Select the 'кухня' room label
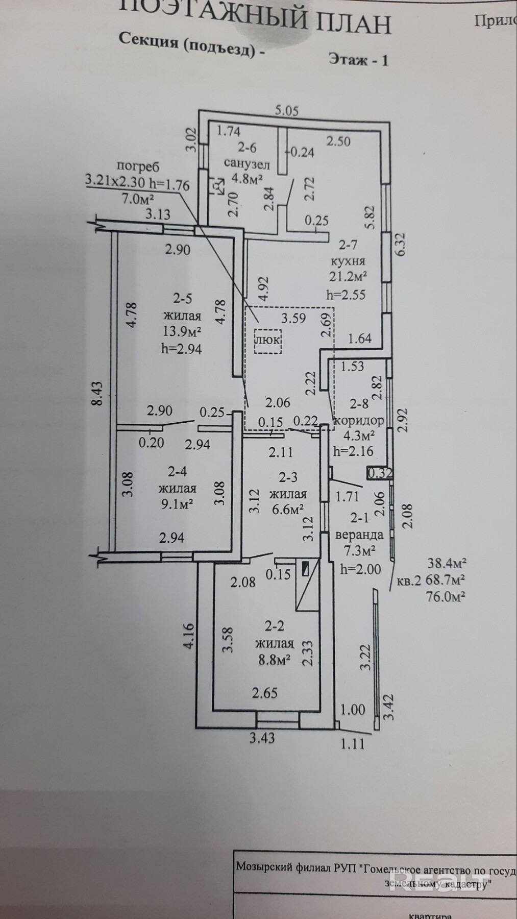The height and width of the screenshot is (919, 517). (348, 261)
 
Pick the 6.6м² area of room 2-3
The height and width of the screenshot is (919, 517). (287, 509)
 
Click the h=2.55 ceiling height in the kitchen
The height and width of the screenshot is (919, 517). (346, 295)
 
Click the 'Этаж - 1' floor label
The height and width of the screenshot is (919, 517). (358, 60)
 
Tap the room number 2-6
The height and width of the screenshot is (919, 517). (247, 148)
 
